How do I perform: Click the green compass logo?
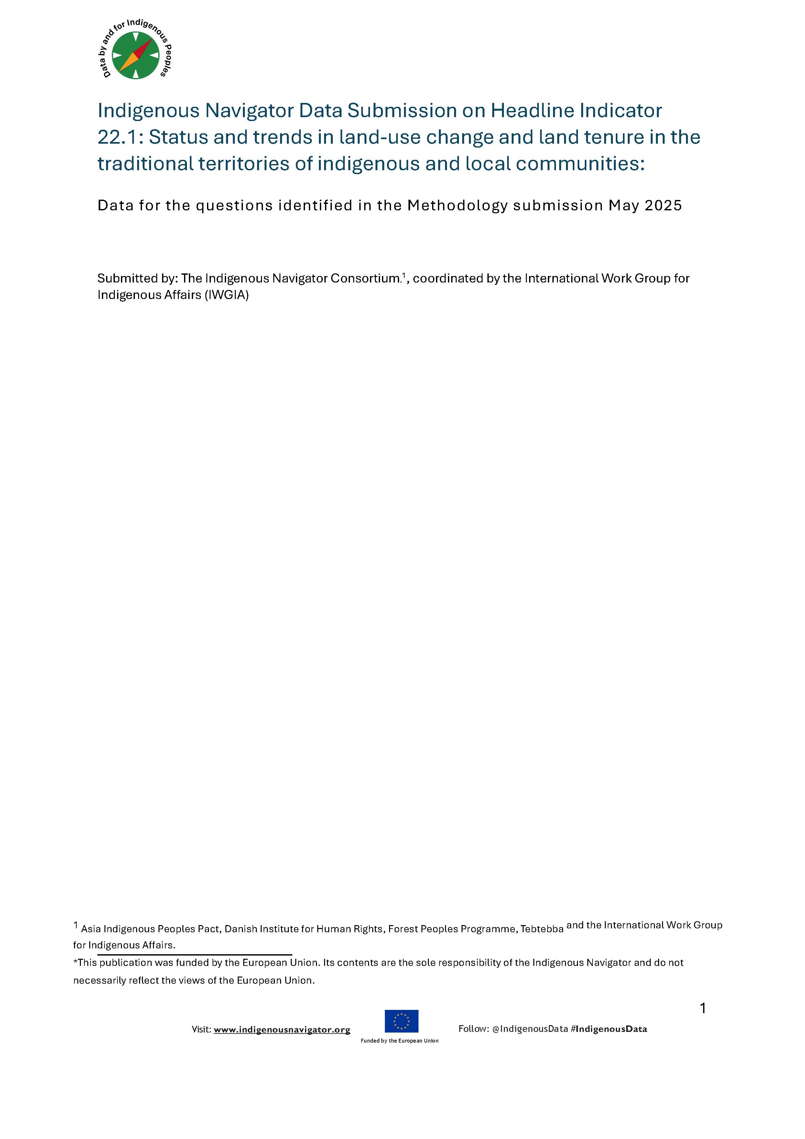point(136,55)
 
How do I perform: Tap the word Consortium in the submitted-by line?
point(365,278)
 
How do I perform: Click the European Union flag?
point(401,1021)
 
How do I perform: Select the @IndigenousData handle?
point(529,1029)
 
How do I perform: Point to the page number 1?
point(702,1008)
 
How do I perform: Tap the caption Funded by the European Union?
point(399,1041)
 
